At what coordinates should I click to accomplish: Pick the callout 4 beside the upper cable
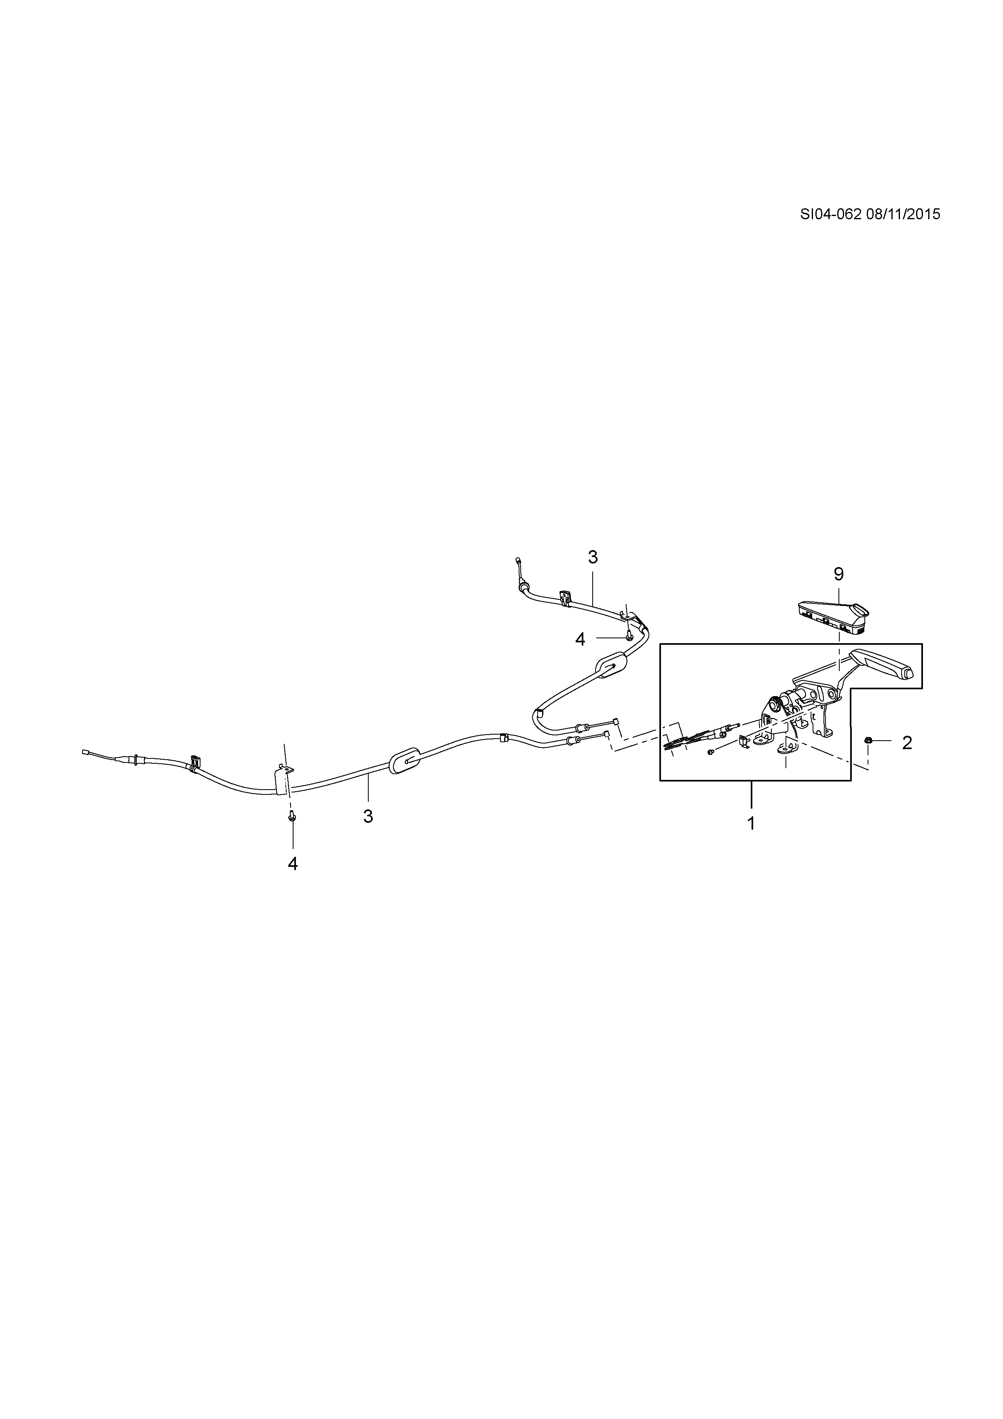(x=580, y=639)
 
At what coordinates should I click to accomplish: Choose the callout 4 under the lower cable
(x=293, y=863)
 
